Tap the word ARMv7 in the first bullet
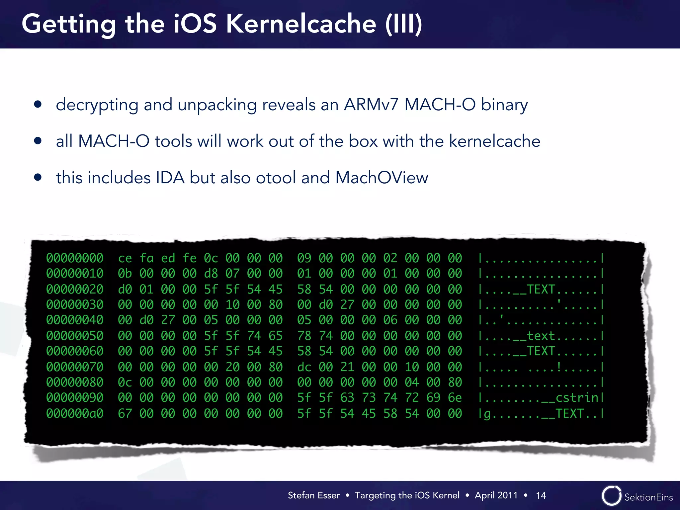click(371, 105)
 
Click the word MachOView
click(382, 178)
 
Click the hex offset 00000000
click(75, 258)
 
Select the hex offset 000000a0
click(75, 414)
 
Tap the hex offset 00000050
click(75, 336)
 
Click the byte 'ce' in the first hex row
click(125, 258)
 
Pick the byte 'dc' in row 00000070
click(304, 367)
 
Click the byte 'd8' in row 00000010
click(211, 274)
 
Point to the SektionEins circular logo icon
click(611, 496)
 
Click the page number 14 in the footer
click(541, 495)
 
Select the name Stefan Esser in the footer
click(314, 495)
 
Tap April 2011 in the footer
click(496, 495)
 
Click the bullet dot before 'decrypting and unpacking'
click(38, 105)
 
